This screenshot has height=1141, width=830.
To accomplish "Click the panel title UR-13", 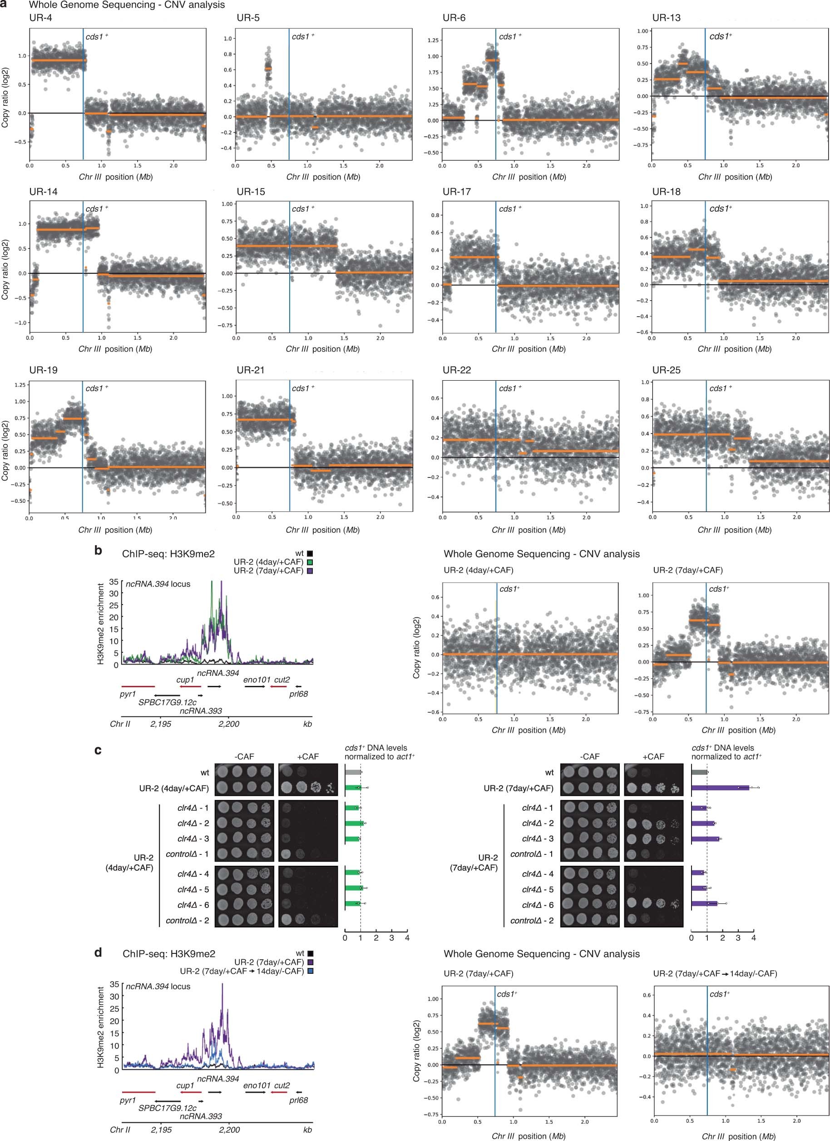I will [x=666, y=18].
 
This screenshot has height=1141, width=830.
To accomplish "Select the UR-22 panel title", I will [x=457, y=370].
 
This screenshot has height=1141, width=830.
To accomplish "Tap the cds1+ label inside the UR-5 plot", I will [x=303, y=37].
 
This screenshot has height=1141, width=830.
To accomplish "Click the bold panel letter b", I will [x=98, y=551].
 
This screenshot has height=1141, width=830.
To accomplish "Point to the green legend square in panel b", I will [x=311, y=562].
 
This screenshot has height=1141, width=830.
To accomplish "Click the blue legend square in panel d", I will [x=311, y=971].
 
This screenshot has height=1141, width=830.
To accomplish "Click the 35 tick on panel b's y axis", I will [x=114, y=581].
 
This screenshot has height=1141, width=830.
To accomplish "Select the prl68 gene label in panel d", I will [x=299, y=1100].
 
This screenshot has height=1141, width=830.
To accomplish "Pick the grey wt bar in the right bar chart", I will [x=699, y=772].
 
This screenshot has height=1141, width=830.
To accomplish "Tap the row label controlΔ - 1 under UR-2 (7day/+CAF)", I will [x=532, y=854].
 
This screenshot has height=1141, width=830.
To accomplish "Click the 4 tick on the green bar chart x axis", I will [x=407, y=938].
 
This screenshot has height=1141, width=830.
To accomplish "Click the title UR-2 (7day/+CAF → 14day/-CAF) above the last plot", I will [x=715, y=973].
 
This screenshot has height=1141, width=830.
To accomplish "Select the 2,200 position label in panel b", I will [x=229, y=724].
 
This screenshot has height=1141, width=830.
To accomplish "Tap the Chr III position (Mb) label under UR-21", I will [x=322, y=530].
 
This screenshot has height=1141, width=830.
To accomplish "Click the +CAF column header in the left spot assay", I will [x=307, y=757].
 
